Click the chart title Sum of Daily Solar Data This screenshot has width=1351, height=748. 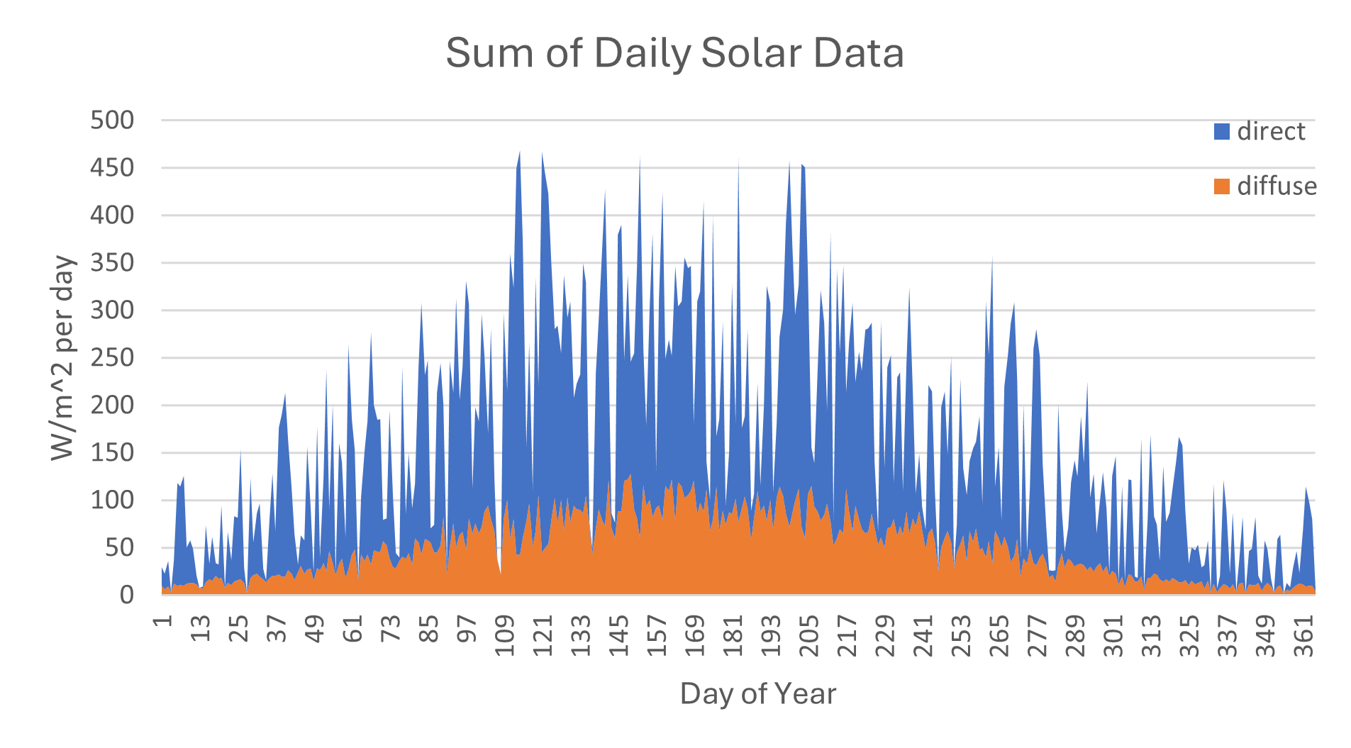[674, 53]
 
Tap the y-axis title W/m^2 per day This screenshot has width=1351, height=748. [62, 358]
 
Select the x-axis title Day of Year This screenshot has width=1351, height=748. [757, 693]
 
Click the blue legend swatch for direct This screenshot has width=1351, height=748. [1221, 132]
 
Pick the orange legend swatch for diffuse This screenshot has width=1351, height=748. [1221, 186]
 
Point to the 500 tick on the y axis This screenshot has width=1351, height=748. [112, 120]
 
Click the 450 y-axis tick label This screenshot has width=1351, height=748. [112, 168]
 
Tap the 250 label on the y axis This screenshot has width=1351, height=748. [112, 358]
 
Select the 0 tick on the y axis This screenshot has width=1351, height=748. [126, 594]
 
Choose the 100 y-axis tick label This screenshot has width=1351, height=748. [112, 500]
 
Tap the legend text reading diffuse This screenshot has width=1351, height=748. [1277, 186]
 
